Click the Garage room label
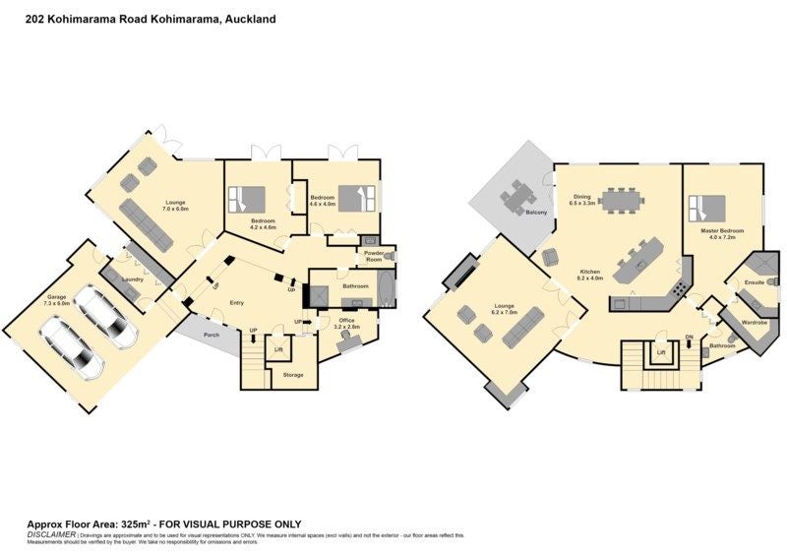point(56,296)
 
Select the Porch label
point(212,335)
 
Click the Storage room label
point(293,375)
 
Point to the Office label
point(346,321)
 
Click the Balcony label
point(536,213)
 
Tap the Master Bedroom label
point(723,231)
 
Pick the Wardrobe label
point(755,322)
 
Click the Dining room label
point(582,196)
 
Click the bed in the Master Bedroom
point(707,208)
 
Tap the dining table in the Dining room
point(623,200)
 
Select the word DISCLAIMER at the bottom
point(50,534)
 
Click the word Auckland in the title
point(250,19)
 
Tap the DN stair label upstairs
point(689,337)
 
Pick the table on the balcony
point(518,196)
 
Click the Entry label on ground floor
point(237,302)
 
